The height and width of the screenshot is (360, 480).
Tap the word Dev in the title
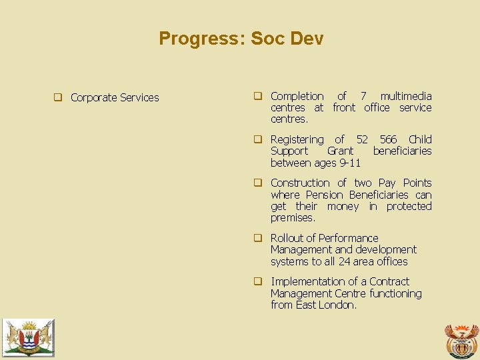pos(307,39)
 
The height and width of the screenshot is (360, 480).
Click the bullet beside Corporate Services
pos(58,97)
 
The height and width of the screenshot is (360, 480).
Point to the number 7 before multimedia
pos(363,96)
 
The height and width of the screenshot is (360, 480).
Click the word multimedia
pos(406,96)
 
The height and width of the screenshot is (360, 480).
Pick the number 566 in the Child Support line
pos(388,139)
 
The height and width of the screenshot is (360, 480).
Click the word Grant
pos(340,151)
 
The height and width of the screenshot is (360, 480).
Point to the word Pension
pos(325,195)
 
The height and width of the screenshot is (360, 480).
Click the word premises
pos(293,218)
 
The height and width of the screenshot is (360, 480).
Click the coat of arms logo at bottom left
pos(28,337)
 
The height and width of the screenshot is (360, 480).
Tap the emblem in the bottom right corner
pos(461,341)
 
